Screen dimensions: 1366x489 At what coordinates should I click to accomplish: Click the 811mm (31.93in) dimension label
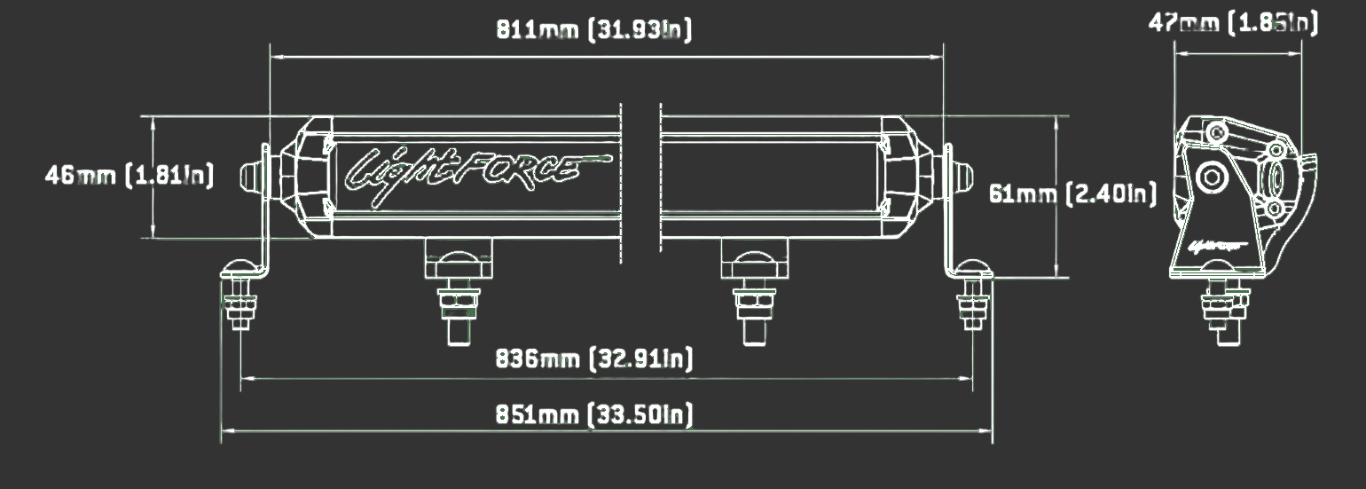594,29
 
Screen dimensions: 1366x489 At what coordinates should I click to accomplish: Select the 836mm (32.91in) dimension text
594,359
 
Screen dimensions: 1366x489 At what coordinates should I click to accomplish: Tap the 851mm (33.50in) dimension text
594,414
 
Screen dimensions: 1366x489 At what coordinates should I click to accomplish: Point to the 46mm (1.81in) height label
130,176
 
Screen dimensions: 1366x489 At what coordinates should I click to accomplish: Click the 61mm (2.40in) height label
1072,194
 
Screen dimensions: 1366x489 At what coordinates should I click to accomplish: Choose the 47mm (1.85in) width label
1233,23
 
